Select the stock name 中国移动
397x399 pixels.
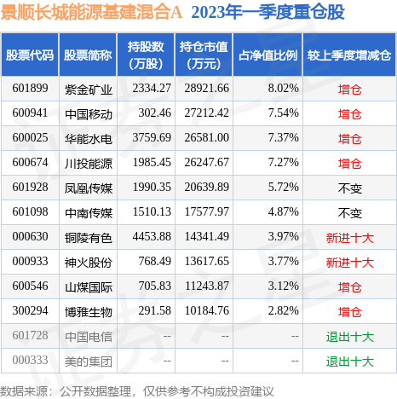[x=88, y=113]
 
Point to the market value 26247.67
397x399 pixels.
[x=206, y=163]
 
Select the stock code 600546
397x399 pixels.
[x=30, y=287]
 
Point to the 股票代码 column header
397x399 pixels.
[x=30, y=55]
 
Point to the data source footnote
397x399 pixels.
[x=141, y=388]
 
